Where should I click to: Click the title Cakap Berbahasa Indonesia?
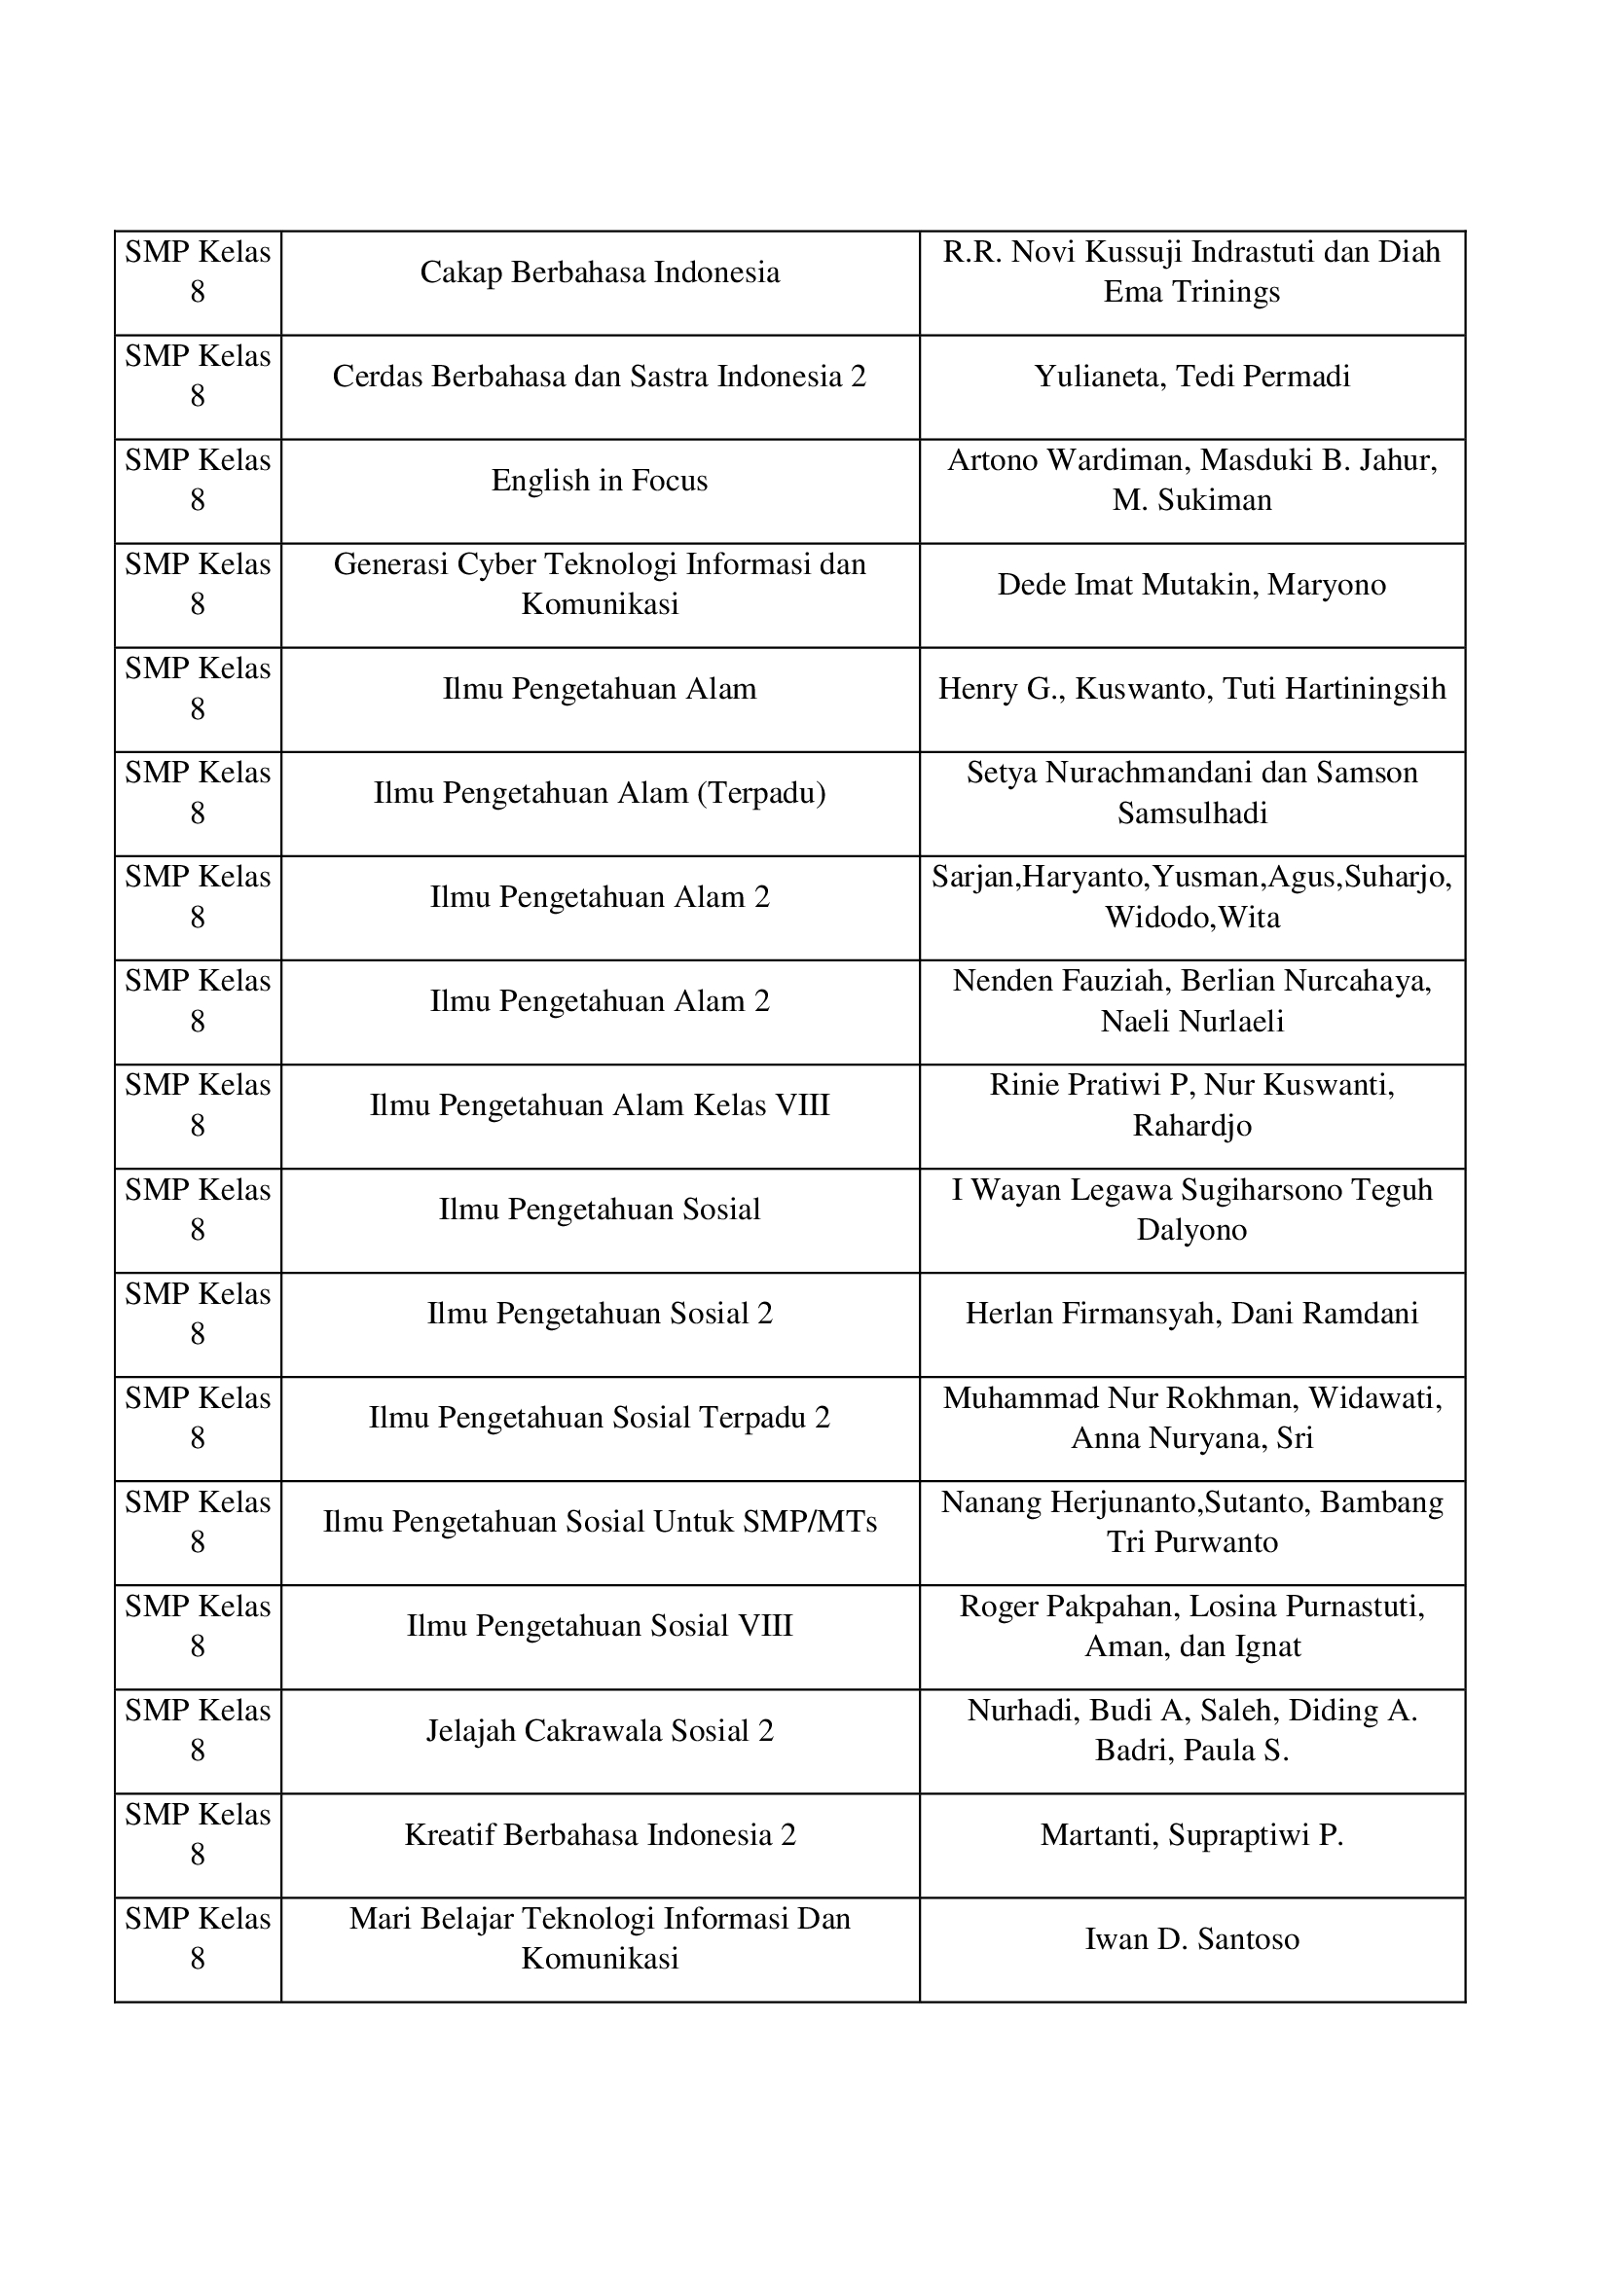[600, 272]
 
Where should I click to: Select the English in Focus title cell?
[600, 481]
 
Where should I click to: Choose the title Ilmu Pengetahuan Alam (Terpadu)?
[600, 793]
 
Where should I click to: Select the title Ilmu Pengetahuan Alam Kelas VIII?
[600, 1105]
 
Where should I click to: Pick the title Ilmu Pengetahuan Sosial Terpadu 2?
[600, 1418]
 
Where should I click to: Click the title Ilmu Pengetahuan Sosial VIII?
[600, 1626]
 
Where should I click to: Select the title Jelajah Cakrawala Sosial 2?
[600, 1731]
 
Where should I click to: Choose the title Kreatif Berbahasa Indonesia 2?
[600, 1835]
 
